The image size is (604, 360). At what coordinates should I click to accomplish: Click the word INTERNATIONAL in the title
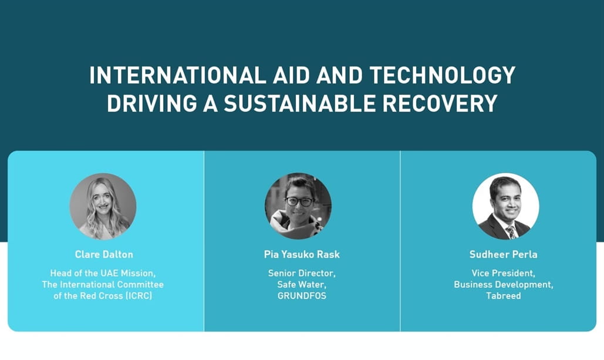pyautogui.click(x=178, y=75)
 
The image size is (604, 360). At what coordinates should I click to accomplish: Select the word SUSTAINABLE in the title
pyautogui.click(x=299, y=103)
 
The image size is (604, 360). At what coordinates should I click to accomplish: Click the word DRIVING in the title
pyautogui.click(x=152, y=103)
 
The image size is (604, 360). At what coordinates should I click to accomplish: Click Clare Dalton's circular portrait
pyautogui.click(x=103, y=206)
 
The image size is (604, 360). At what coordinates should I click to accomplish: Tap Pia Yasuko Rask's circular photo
pyautogui.click(x=298, y=206)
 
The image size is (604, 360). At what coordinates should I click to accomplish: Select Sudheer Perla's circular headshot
pyautogui.click(x=506, y=206)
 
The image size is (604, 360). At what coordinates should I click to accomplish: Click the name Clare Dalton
pyautogui.click(x=104, y=254)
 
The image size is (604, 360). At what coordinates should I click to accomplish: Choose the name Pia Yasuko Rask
pyautogui.click(x=302, y=254)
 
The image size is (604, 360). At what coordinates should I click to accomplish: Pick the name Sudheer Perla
pyautogui.click(x=504, y=254)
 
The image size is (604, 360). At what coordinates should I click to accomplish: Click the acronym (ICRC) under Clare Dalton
pyautogui.click(x=139, y=295)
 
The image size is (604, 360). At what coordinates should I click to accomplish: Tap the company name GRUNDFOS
pyautogui.click(x=302, y=295)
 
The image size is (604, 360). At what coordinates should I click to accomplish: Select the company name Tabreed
pyautogui.click(x=504, y=295)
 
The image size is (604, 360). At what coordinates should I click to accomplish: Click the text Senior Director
pyautogui.click(x=302, y=273)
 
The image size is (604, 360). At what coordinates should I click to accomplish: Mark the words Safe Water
pyautogui.click(x=302, y=284)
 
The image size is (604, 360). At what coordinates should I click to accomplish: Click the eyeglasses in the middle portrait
pyautogui.click(x=299, y=201)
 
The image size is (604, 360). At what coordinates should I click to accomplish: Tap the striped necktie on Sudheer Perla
pyautogui.click(x=511, y=232)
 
